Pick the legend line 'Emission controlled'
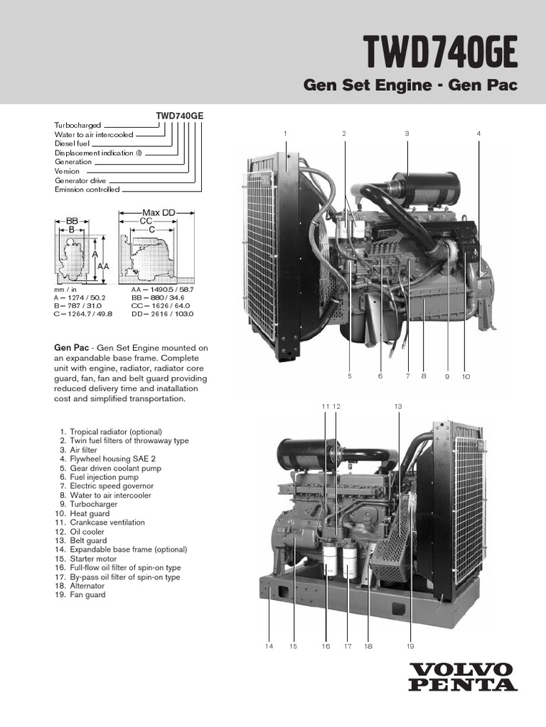point(87,190)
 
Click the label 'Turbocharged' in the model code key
point(78,125)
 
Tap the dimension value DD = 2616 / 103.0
point(162,313)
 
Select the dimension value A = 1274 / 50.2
point(80,297)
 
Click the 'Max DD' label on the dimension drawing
point(158,212)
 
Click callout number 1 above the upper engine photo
point(285,133)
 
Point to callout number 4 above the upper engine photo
point(478,133)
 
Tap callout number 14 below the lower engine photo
point(269,646)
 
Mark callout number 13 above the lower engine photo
point(398,406)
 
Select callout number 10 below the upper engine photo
point(466,376)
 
